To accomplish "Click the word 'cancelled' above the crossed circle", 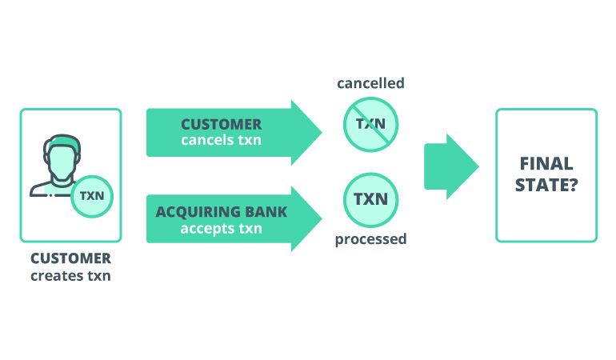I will click(370, 83).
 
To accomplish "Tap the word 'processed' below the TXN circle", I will click(370, 238).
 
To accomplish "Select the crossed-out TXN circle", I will click(370, 125).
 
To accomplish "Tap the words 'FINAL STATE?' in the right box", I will click(546, 175).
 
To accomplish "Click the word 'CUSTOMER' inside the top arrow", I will click(221, 125).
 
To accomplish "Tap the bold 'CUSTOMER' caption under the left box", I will click(71, 259).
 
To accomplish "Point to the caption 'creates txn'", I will click(71, 276).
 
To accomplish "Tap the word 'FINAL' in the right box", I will click(546, 164).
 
